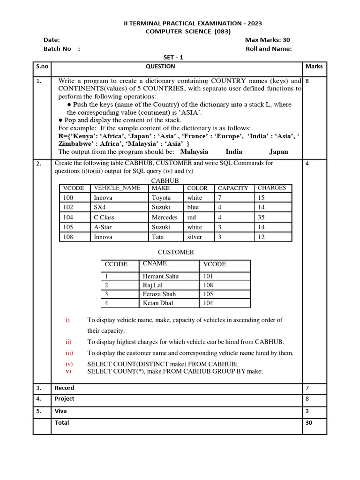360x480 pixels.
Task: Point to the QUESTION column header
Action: [161, 67]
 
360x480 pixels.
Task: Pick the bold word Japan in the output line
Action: [278, 152]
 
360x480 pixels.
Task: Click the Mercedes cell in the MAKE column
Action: [165, 217]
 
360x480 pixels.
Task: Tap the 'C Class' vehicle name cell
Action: [104, 217]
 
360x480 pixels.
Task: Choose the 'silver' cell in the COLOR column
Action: [195, 237]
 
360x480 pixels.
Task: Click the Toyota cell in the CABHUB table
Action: [161, 198]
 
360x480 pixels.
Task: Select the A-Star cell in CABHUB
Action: [103, 227]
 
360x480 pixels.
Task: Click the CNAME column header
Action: [155, 264]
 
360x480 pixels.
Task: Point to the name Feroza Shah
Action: [159, 294]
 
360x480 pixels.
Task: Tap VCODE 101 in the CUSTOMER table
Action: [208, 277]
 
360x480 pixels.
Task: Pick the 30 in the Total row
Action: [308, 422]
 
